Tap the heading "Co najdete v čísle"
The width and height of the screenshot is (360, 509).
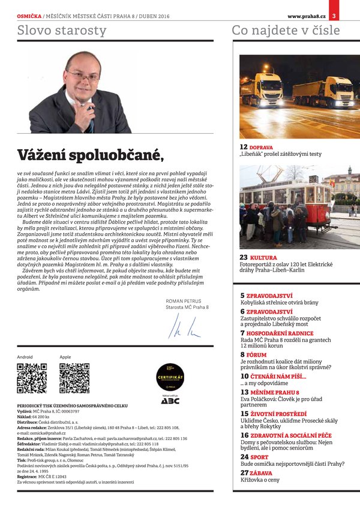click(286, 30)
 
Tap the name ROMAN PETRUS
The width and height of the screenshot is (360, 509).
click(184, 301)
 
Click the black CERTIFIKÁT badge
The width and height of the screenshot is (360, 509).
click(170, 377)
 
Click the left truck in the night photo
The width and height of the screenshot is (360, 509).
click(262, 91)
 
